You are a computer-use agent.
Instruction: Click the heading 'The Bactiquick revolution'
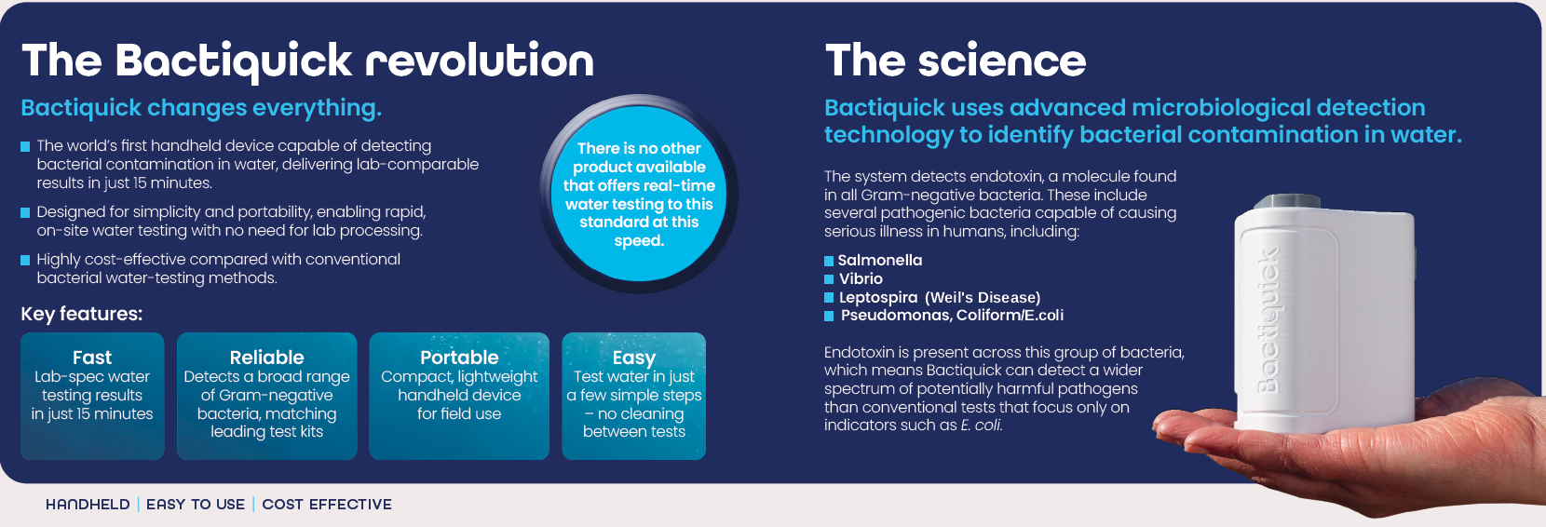(x=308, y=62)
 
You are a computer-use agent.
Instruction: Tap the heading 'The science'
(x=956, y=61)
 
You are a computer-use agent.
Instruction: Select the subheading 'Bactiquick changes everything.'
(x=201, y=108)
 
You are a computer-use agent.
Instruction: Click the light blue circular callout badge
(x=639, y=194)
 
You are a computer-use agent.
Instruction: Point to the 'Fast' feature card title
(x=92, y=358)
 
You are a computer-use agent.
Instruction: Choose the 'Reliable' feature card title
(x=266, y=358)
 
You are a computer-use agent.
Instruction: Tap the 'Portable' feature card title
(x=459, y=358)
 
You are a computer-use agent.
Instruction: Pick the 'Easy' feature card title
(x=633, y=358)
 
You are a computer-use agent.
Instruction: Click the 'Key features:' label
(x=81, y=315)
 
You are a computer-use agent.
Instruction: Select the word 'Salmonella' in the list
(x=880, y=260)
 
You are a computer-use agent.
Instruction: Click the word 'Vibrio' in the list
(x=861, y=278)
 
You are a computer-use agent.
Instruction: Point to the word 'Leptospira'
(x=878, y=297)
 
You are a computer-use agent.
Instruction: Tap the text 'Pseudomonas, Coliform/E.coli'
(x=952, y=316)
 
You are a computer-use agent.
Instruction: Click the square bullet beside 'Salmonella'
(x=829, y=261)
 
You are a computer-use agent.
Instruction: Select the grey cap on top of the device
(x=1286, y=201)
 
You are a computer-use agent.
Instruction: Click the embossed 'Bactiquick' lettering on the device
(x=1268, y=321)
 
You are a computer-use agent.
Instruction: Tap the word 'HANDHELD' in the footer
(x=88, y=505)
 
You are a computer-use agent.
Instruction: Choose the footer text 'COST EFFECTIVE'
(x=327, y=505)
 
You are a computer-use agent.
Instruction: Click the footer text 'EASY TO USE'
(x=196, y=505)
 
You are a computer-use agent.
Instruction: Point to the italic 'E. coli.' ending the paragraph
(x=982, y=426)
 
